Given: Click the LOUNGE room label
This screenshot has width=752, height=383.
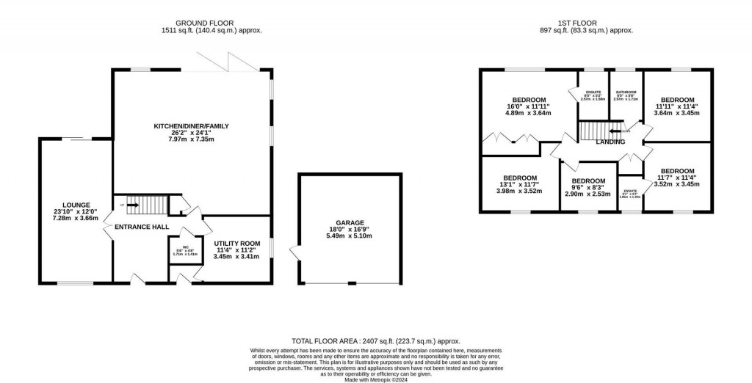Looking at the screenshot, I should pos(76,205).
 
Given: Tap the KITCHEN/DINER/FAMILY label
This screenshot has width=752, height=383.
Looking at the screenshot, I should pos(191,126).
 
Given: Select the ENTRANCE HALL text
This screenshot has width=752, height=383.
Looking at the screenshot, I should pos(138,227).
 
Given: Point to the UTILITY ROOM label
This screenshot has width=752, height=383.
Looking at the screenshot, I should pos(236,243).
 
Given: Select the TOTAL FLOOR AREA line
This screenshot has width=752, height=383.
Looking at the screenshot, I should pos(376,341).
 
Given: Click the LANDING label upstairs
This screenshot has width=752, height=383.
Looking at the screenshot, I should pos(610,142).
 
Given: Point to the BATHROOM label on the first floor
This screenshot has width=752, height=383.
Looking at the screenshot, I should pos(626,92).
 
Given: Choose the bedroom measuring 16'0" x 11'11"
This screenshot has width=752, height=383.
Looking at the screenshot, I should pos(529,100).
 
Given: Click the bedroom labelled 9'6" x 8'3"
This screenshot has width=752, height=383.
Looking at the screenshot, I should pos(588,181).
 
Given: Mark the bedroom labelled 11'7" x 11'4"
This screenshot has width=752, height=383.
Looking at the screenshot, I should pos(676,171).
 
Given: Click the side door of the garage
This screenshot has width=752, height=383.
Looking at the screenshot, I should pos(295,253).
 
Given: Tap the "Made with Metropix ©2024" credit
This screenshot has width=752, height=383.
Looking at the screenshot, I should pos(376,379).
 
